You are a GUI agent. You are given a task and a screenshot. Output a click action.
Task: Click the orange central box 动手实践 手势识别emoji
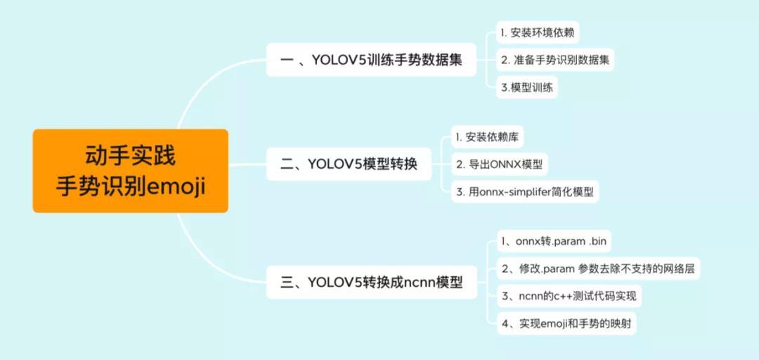point(130,171)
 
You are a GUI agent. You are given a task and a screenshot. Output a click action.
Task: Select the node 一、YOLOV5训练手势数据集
point(371,60)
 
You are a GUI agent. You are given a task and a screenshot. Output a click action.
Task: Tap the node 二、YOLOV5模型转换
point(349,165)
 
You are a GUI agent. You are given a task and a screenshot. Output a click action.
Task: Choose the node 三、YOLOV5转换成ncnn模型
point(371,282)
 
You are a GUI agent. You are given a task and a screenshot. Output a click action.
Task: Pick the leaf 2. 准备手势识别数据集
point(555,60)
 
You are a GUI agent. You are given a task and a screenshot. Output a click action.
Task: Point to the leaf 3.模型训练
point(527,88)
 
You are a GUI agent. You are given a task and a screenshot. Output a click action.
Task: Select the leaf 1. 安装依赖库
point(488,138)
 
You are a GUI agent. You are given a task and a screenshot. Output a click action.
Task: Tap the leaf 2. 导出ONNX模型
point(500,165)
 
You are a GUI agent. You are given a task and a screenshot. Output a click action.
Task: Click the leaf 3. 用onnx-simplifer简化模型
point(525,192)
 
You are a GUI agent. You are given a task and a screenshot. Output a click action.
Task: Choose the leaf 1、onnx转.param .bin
point(554,241)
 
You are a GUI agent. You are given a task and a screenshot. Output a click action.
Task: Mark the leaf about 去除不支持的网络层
point(598,269)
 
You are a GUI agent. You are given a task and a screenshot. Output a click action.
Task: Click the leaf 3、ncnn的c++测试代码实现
point(569,296)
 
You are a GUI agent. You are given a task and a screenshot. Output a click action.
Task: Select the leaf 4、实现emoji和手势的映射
point(566,323)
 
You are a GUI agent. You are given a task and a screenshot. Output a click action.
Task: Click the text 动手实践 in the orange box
point(130,156)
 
